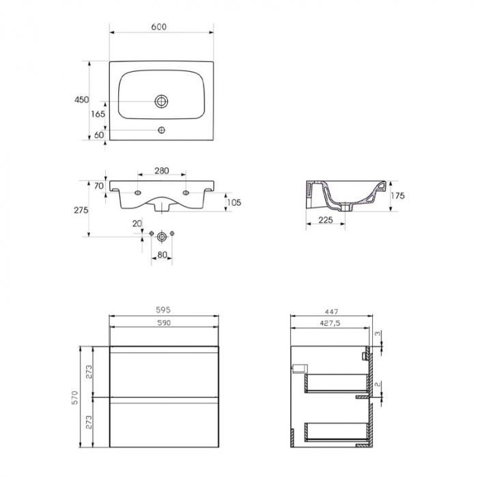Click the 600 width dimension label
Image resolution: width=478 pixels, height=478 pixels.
tap(159, 27)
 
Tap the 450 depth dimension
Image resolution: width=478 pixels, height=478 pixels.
tap(81, 100)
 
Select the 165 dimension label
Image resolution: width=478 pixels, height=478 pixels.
tap(98, 114)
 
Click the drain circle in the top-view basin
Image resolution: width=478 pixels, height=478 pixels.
tap(161, 101)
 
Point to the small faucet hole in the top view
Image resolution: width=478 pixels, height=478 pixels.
tap(161, 130)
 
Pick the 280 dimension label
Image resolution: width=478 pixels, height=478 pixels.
tap(161, 171)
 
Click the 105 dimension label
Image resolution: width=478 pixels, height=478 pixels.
tap(234, 202)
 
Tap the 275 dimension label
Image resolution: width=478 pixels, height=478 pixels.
tap(81, 210)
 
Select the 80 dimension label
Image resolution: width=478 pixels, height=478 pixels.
tap(163, 255)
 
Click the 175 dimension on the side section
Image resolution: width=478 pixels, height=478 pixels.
tap(398, 195)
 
